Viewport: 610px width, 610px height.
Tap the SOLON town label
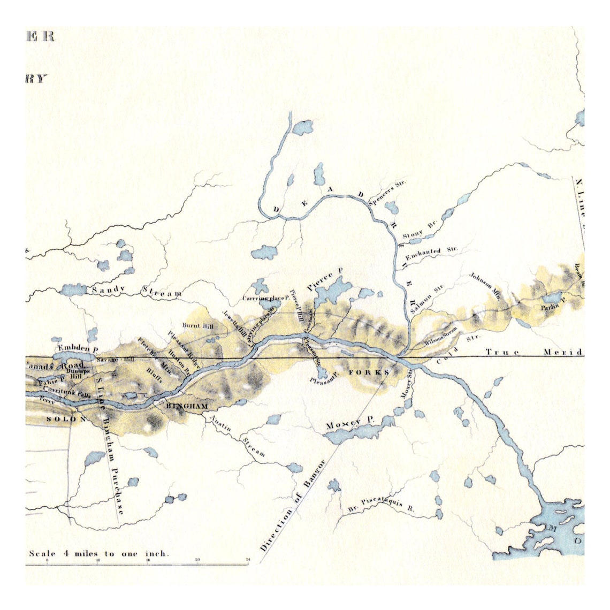(x=65, y=418)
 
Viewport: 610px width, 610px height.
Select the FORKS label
(x=367, y=372)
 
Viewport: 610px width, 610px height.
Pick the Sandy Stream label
(x=136, y=291)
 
